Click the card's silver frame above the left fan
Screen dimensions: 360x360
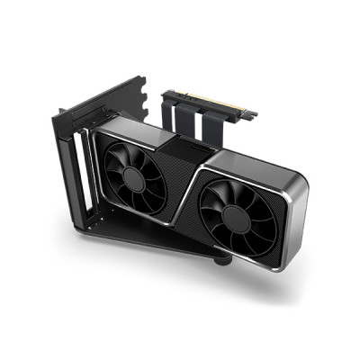[x=135, y=130]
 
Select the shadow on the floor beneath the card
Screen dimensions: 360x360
[x=270, y=279]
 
